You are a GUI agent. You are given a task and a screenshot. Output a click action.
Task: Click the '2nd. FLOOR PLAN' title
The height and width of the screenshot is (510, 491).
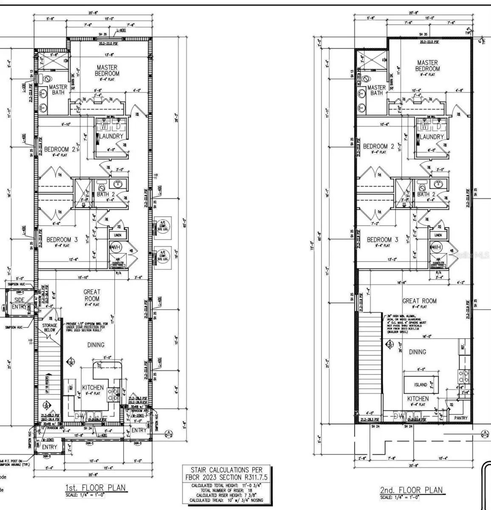[411, 490]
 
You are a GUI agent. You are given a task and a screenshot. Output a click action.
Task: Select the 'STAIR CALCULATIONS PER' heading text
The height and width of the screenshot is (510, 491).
[226, 470]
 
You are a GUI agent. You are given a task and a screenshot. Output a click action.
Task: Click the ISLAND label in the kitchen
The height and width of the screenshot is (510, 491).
[420, 385]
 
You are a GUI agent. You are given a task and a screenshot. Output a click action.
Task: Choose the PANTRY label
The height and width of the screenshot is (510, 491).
[461, 418]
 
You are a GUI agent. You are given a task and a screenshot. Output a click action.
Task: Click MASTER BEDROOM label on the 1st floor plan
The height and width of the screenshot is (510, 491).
[107, 70]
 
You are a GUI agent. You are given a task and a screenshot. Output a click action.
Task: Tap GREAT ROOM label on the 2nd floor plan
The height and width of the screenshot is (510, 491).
[419, 301]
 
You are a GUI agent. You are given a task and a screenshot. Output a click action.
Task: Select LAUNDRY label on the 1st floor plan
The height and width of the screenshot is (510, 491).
[111, 136]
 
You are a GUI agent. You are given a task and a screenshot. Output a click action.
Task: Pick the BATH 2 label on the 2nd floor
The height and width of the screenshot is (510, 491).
[426, 194]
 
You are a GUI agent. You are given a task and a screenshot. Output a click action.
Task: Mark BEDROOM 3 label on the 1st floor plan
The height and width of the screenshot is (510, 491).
[62, 240]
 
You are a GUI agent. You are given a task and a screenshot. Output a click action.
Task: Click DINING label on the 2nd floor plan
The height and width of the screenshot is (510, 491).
[418, 352]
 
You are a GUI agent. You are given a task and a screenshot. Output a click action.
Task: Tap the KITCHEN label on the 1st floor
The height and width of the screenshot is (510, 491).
[93, 388]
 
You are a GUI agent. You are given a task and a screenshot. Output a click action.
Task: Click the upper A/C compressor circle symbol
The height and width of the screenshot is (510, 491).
[163, 225]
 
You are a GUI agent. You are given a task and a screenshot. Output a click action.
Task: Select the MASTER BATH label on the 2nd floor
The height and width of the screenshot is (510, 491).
[376, 90]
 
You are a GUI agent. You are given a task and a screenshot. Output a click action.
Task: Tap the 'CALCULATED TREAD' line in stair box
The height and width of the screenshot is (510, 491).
[226, 500]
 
